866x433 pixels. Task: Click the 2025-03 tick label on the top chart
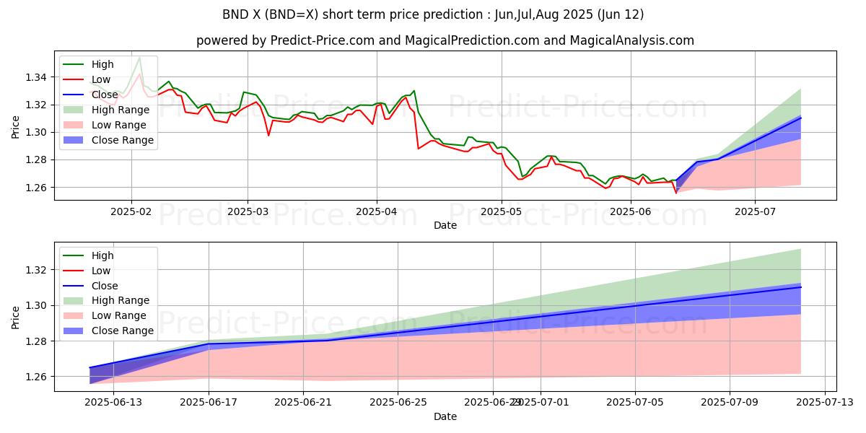[x=248, y=211]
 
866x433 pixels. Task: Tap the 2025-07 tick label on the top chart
[x=756, y=211]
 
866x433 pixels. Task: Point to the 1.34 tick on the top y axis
[x=37, y=77]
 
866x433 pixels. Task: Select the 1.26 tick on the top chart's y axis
[x=37, y=188]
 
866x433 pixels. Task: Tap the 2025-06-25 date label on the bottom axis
[x=398, y=403]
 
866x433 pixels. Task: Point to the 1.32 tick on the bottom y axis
[x=37, y=270]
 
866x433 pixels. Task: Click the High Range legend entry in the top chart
[x=121, y=110]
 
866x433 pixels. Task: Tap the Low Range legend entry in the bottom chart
[x=119, y=315]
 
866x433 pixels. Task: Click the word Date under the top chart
[x=445, y=225]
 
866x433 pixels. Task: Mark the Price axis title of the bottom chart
[x=16, y=317]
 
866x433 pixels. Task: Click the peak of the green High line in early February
[x=139, y=57]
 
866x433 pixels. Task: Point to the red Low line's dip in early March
[x=268, y=135]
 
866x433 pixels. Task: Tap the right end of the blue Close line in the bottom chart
[x=800, y=287]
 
